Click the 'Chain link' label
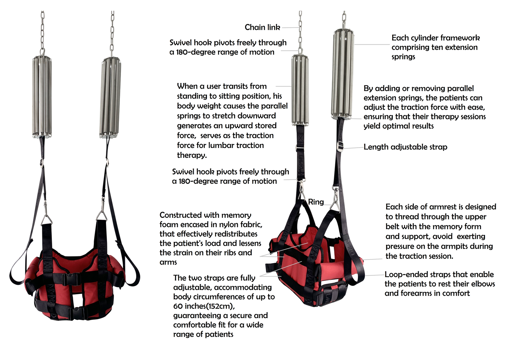(x=262, y=27)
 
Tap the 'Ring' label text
(x=316, y=202)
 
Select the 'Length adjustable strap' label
(x=405, y=147)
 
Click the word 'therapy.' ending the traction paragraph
(x=192, y=155)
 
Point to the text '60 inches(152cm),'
(x=204, y=306)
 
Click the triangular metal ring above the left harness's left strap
(x=46, y=218)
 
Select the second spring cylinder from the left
(x=110, y=98)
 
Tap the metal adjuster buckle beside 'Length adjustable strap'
(x=340, y=147)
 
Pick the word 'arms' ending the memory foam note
(x=168, y=262)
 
